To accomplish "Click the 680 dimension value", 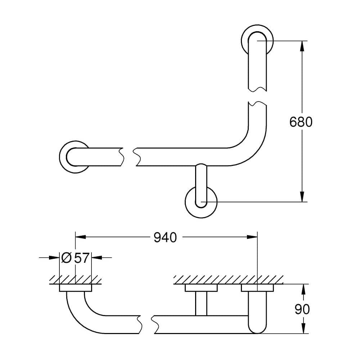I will [301, 122].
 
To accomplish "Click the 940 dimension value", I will [165, 237].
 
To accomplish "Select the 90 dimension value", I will [302, 309].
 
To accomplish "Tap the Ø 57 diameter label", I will [75, 258].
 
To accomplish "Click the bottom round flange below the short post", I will [201, 202].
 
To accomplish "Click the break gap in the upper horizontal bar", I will [129, 157].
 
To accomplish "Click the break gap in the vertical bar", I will [258, 95].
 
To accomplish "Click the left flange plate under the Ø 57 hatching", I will [75, 288].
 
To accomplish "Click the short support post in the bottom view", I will [201, 303].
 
